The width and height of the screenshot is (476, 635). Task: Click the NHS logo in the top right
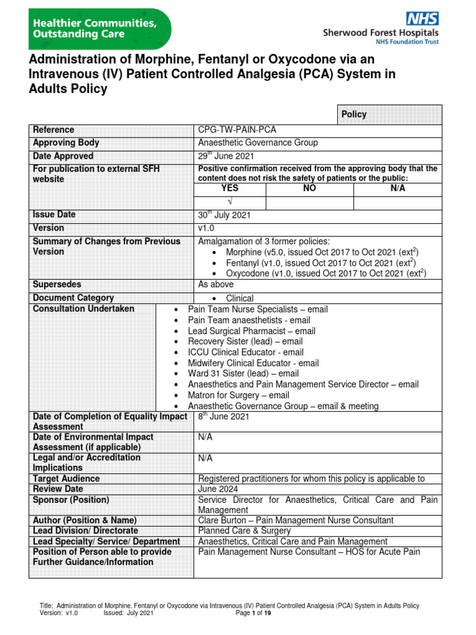pos(422,18)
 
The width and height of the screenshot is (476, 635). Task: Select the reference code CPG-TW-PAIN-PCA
pos(237,130)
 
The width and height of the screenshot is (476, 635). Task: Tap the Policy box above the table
pos(354,114)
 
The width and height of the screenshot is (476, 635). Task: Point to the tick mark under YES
pos(230,203)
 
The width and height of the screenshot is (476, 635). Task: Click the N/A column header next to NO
pos(397,189)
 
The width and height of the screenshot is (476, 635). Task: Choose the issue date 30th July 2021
pos(224,215)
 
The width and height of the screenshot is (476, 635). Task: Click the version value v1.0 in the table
pos(206,228)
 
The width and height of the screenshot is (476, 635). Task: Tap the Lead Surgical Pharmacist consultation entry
pos(251,331)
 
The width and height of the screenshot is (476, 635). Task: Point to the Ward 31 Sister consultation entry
pos(243,373)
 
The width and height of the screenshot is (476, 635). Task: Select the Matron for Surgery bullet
pos(238,395)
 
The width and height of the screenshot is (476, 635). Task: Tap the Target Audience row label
pos(66,479)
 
